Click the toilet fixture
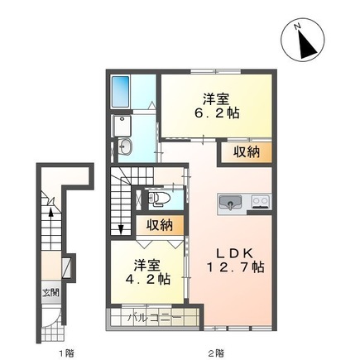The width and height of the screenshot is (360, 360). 160,199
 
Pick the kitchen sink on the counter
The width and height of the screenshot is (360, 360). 229,201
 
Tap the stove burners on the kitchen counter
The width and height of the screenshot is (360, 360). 261,201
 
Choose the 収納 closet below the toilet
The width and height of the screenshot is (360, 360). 160,225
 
